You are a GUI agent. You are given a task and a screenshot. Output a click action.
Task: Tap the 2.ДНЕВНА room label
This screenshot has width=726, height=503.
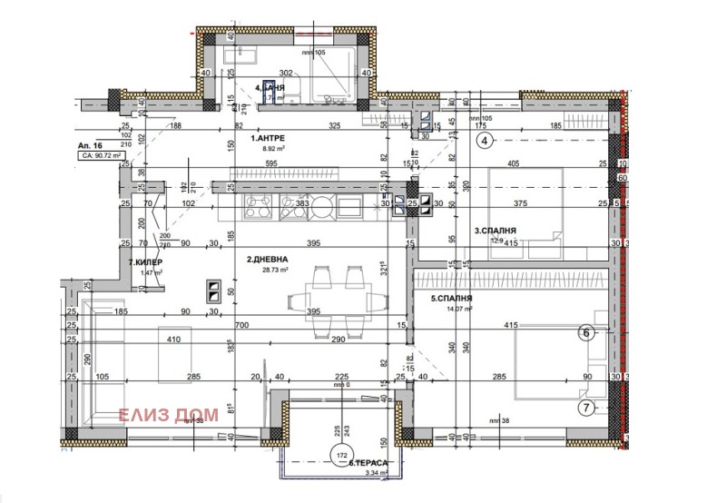click(x=270, y=260)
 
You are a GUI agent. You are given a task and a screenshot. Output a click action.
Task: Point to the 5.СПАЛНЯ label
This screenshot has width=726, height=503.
click(x=452, y=298)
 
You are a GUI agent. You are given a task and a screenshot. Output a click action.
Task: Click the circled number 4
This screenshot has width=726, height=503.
click(x=486, y=140)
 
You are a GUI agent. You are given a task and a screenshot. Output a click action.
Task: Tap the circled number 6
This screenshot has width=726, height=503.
click(x=585, y=333)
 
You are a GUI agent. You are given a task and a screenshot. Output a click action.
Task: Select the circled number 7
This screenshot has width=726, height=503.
click(x=586, y=407)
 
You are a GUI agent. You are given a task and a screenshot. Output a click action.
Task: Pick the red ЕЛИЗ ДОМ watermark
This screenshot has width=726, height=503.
click(x=169, y=415)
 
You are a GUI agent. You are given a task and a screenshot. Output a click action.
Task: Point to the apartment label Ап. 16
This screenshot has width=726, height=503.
click(x=90, y=144)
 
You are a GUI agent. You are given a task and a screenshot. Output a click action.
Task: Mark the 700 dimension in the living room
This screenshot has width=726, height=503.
click(x=240, y=324)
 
